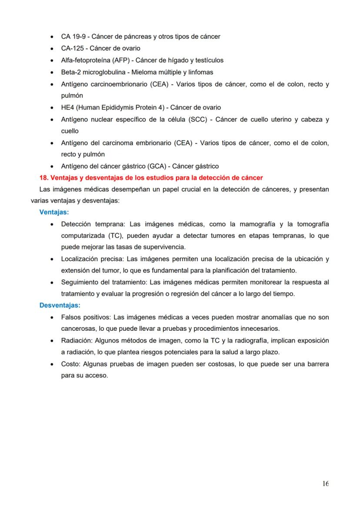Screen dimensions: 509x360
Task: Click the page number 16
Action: pos(326,484)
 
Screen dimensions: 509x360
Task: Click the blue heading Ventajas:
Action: pos(54,213)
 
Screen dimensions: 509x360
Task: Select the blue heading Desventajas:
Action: pos(60,306)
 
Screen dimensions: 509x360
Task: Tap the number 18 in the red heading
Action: pos(43,178)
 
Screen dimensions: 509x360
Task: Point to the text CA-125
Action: pos(71,48)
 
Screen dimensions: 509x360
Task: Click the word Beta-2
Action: pos(70,72)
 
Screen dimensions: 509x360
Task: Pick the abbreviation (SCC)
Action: pos(198,119)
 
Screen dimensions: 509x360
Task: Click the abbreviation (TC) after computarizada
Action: pos(112,236)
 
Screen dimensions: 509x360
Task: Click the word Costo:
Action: pos(70,364)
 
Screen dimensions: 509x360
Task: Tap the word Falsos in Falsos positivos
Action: pos(71,317)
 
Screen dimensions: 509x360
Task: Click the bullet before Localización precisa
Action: pos(52,259)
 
